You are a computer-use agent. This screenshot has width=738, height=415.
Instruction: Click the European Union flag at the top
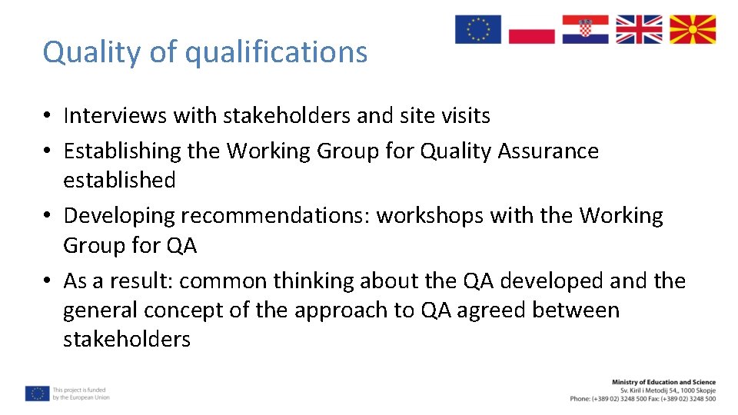pos(477,29)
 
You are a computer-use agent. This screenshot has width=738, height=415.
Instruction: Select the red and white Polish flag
pos(531,29)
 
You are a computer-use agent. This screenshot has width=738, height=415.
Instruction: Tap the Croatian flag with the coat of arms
pos(585,29)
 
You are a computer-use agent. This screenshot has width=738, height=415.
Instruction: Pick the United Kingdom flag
pos(639,29)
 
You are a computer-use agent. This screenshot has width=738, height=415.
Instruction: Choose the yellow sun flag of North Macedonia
pos(693,29)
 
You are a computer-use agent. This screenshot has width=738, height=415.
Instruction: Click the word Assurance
pos(548,151)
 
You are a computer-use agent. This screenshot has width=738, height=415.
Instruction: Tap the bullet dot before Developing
pos(48,217)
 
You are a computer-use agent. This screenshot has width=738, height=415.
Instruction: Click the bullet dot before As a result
pos(48,282)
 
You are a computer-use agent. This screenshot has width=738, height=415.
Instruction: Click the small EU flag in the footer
pos(37,393)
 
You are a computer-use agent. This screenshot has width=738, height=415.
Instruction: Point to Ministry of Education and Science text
pos(663,382)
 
